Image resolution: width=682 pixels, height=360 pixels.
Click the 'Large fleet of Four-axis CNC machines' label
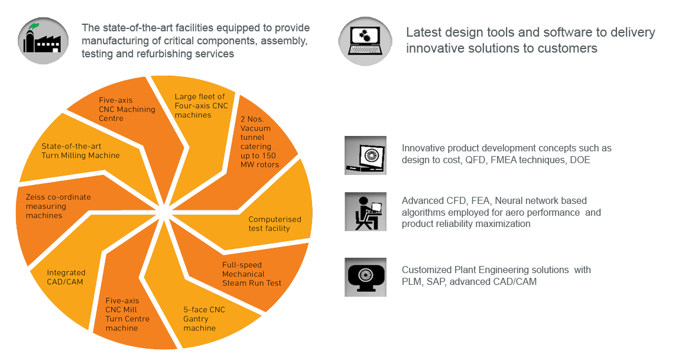[201, 106]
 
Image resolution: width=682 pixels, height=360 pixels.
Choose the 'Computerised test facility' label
[274, 223]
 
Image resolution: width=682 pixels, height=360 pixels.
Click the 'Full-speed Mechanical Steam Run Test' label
[252, 274]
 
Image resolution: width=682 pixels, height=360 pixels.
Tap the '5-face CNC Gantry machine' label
[204, 319]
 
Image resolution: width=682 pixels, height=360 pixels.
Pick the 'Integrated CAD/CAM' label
[66, 277]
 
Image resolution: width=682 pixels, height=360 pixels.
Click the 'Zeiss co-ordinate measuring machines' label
[58, 206]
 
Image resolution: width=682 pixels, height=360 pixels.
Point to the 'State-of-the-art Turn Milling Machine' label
[80, 151]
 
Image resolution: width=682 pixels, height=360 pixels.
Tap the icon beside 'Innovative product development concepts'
[365, 155]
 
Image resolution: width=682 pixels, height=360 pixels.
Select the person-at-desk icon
[365, 211]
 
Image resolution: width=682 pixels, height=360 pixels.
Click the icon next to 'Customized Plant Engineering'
[365, 276]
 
